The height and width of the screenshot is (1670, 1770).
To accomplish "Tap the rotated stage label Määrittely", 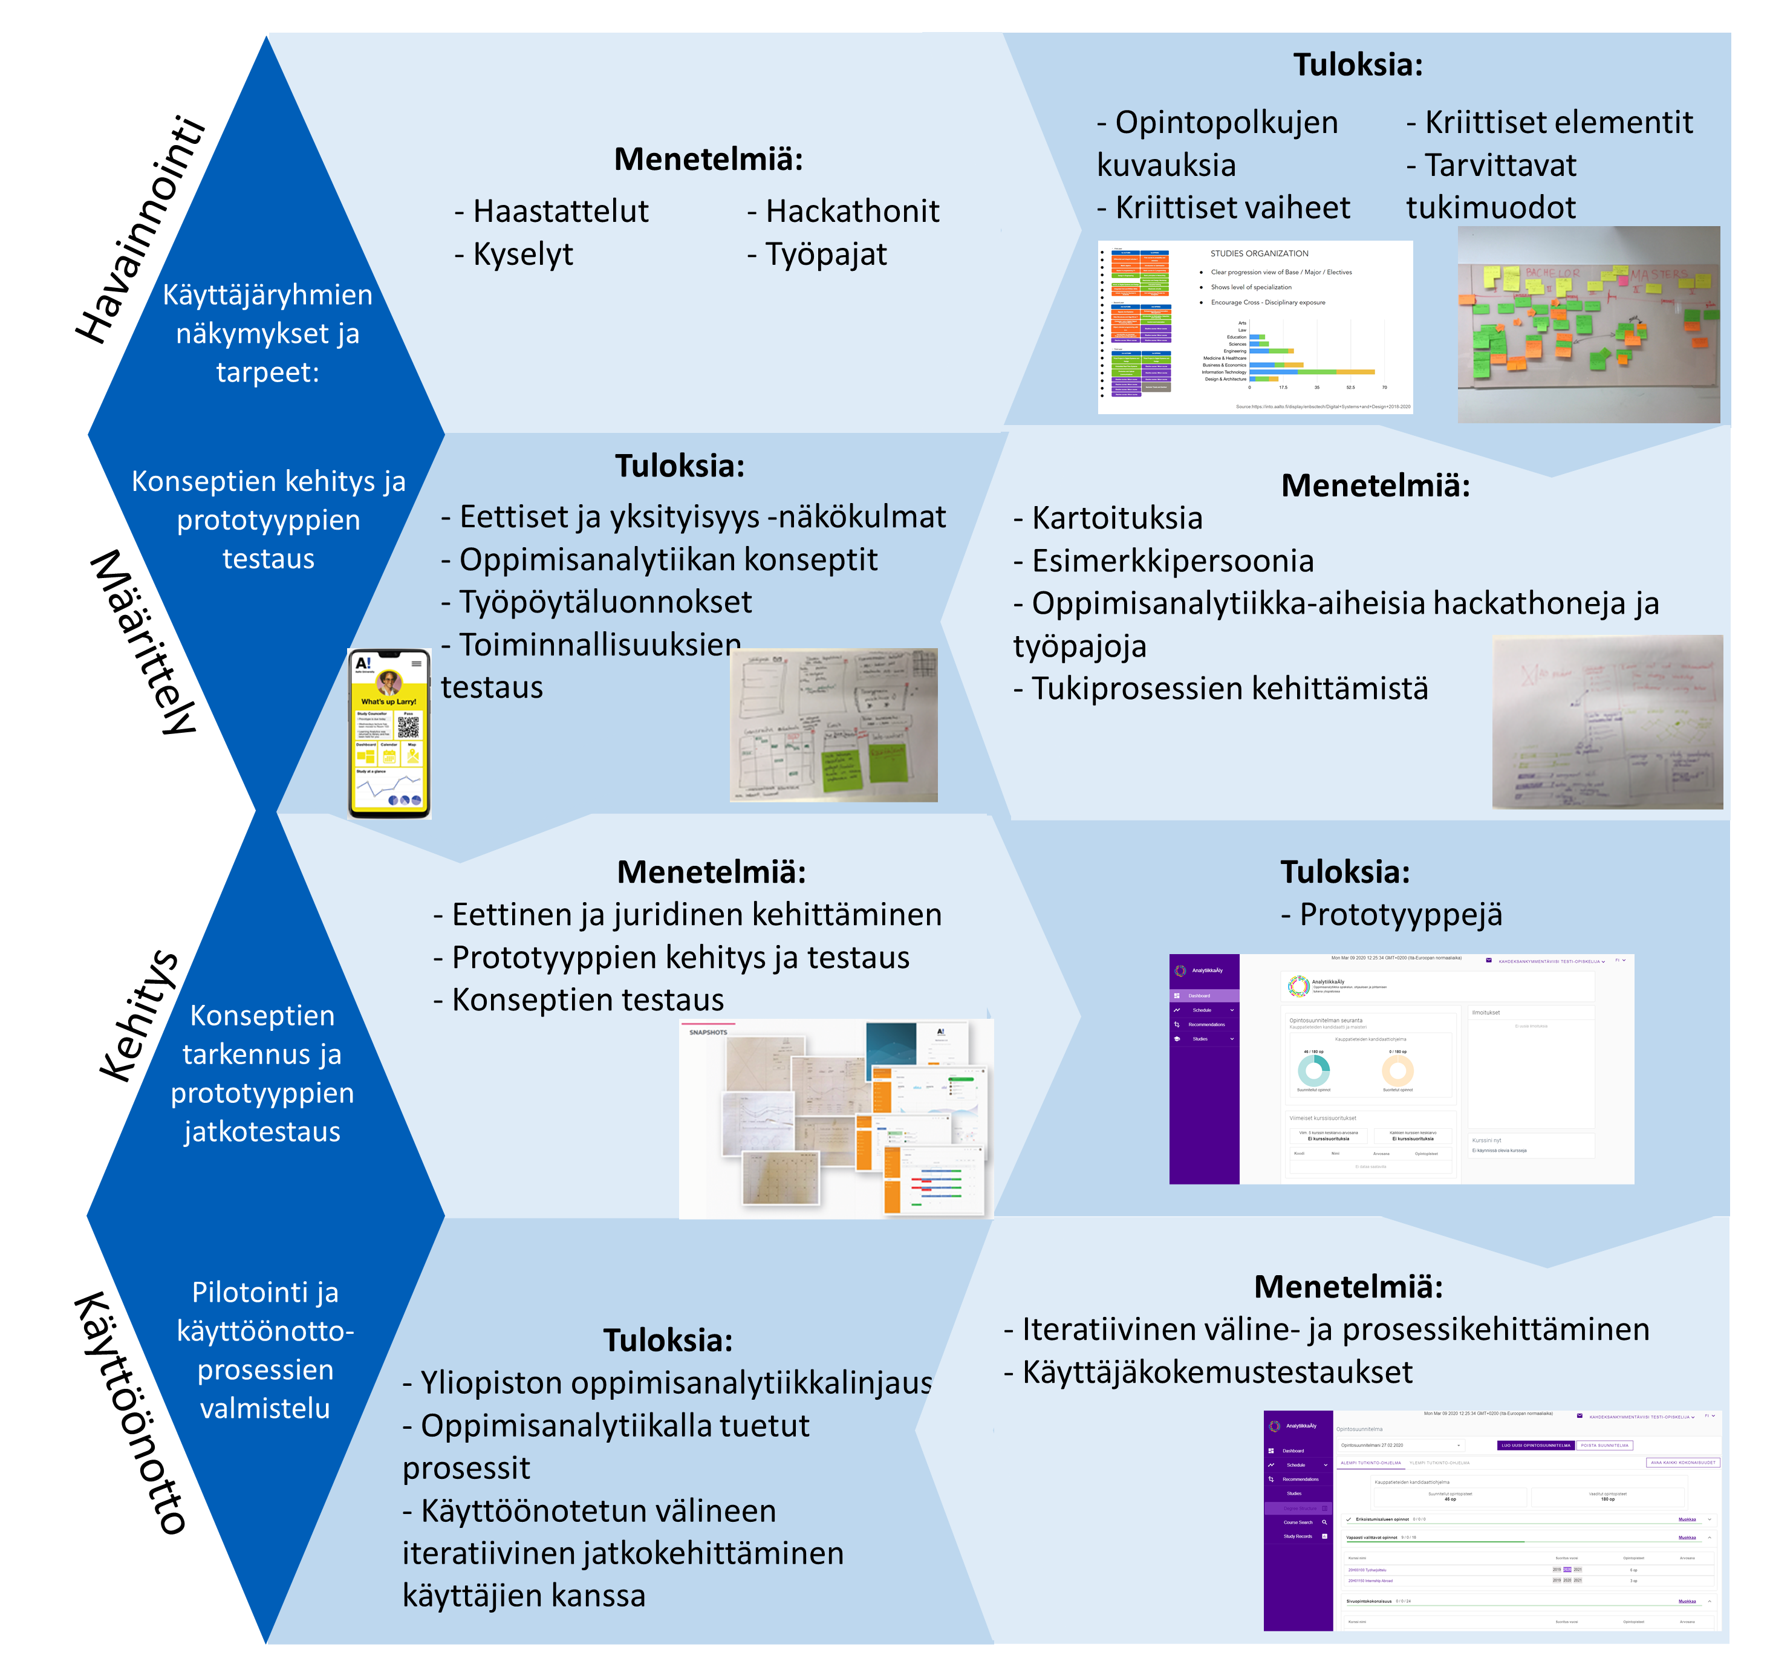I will pos(143,643).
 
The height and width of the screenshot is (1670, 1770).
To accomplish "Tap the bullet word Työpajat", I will pos(825,255).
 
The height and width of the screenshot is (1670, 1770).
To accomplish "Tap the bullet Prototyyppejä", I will pos(1400,914).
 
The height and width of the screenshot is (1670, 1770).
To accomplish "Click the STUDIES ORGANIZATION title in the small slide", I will pos(1259,254).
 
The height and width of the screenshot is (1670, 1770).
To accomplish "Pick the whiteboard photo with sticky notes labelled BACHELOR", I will pos(1589,324).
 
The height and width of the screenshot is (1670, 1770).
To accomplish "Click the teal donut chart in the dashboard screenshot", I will pos(1313,1070).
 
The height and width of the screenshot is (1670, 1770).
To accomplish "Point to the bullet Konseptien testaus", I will pos(588,999).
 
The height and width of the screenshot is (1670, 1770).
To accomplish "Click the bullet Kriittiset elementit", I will pos(1558,123).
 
